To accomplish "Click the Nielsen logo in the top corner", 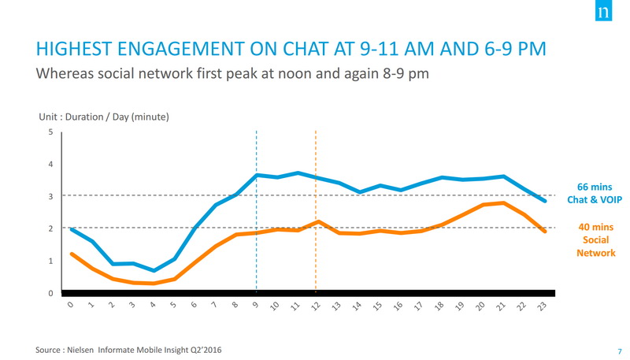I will [603, 14].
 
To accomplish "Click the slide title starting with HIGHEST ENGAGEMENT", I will [291, 50].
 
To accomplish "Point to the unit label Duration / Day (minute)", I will [104, 117].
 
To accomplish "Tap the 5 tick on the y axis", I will [51, 132].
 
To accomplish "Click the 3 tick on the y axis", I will [51, 196].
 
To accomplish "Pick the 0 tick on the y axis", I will [51, 293].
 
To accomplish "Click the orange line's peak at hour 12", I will [316, 222].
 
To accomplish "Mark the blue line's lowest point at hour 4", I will [154, 270].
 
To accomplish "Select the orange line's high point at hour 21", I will [503, 203].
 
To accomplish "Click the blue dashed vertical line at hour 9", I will [257, 236].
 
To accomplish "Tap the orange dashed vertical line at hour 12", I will [316, 260].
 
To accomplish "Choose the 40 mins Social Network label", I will [595, 239].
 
